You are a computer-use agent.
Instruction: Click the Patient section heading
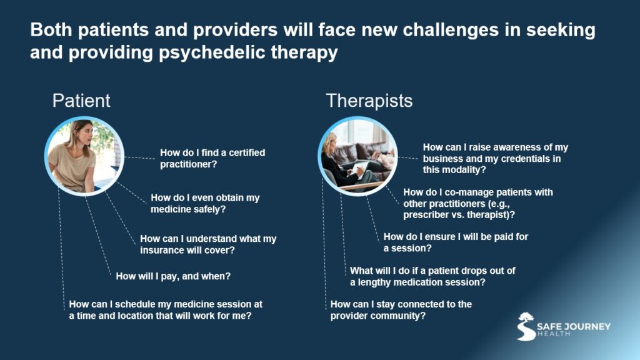[x=81, y=101]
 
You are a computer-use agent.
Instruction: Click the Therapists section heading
[x=369, y=101]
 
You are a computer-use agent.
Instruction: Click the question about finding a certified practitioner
[x=212, y=159]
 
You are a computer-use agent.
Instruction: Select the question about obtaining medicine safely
[x=205, y=203]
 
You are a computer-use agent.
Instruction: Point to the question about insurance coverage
[x=208, y=244]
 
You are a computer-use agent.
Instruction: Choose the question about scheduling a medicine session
[x=166, y=310]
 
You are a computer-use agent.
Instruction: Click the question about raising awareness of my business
[x=495, y=158]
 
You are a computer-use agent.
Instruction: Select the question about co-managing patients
[x=478, y=203]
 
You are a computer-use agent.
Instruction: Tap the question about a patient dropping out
[x=432, y=276]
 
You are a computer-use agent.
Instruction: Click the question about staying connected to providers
[x=401, y=310]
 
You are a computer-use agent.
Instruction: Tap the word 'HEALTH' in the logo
[x=553, y=334]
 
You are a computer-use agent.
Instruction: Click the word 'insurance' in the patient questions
[x=164, y=251]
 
